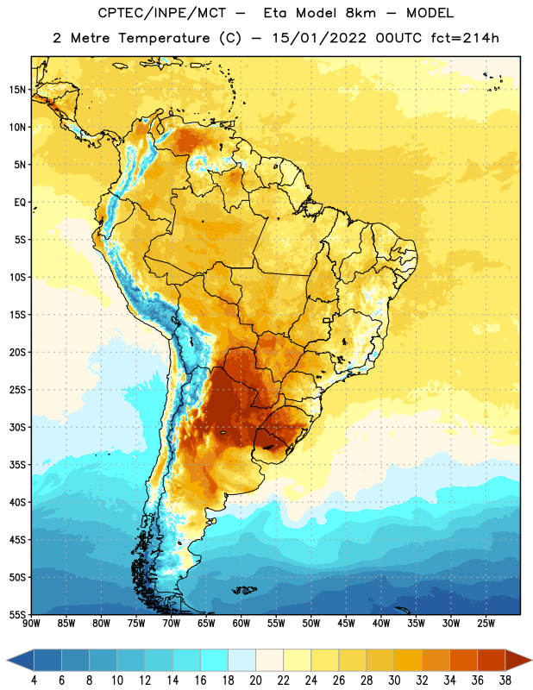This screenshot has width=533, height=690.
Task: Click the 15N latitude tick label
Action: click(17, 90)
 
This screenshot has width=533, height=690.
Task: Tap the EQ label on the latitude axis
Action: click(20, 203)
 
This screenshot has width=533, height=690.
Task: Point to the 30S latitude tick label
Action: click(17, 427)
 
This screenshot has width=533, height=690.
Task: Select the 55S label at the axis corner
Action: click(17, 614)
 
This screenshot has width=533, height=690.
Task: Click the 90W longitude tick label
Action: click(31, 624)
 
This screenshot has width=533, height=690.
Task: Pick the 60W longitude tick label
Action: click(241, 624)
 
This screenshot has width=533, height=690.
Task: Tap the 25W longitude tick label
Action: click(486, 624)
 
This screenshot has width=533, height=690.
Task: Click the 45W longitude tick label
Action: click(346, 624)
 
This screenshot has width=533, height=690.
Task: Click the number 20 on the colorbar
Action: click(255, 681)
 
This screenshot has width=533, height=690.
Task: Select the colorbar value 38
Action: click(505, 681)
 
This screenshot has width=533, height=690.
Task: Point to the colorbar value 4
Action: click(34, 681)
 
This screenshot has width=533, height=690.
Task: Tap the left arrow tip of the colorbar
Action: click(7, 660)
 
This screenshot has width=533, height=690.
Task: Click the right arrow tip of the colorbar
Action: click(531, 660)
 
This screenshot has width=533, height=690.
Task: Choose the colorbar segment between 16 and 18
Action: click(214, 660)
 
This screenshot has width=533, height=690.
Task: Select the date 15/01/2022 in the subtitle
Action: click(319, 38)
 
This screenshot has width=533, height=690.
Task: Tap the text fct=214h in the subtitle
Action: click(465, 38)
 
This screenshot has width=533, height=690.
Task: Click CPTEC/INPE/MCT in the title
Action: click(162, 13)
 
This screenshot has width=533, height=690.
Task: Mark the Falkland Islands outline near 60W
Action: click(244, 590)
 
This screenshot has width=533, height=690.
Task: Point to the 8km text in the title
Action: click(361, 13)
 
